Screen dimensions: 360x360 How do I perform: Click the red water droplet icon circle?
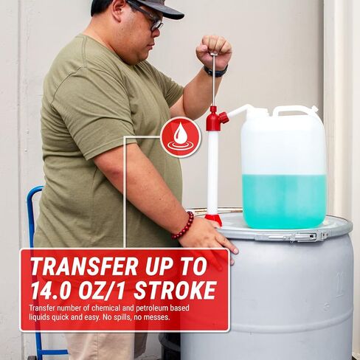pyautogui.click(x=181, y=137)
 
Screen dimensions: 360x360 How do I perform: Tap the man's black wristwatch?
pyautogui.click(x=215, y=72)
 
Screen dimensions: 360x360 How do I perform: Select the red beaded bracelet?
pyautogui.click(x=183, y=226)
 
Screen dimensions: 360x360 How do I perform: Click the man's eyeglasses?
pyautogui.click(x=148, y=15)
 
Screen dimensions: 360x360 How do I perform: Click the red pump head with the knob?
pyautogui.click(x=216, y=118)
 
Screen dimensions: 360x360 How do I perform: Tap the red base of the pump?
pyautogui.click(x=213, y=219)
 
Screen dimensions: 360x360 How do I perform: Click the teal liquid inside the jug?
pyautogui.click(x=285, y=201)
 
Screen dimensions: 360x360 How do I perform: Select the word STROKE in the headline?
pyautogui.click(x=175, y=290)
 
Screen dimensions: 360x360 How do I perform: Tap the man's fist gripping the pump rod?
pyautogui.click(x=214, y=51)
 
